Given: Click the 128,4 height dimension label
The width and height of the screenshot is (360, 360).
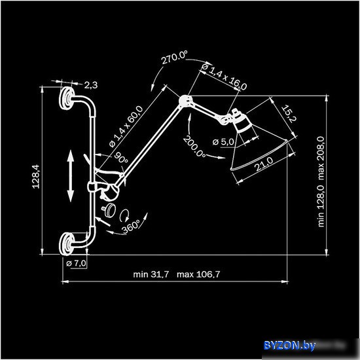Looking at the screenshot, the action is point(36,177).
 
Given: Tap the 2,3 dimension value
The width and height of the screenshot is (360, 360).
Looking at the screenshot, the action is point(91,85).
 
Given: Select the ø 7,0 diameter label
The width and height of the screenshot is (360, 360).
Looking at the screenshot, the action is point(76,263).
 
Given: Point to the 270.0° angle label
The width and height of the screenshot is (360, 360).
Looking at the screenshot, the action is point(174,58).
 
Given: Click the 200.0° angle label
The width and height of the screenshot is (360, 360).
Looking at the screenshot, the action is point(194,147).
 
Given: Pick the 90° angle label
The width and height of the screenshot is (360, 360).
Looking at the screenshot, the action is point(121,158).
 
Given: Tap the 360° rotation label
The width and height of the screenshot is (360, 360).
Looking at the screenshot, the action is point(131,226).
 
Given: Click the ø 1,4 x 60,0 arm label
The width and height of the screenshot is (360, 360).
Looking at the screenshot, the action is point(126,126).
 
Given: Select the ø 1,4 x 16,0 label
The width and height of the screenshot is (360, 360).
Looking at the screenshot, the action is point(224,77).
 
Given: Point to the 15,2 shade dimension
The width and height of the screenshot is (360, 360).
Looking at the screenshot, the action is point(289,114).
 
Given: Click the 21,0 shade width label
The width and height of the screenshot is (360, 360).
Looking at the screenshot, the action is point(264,164).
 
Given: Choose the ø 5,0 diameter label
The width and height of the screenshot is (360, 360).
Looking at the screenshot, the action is point(223,142).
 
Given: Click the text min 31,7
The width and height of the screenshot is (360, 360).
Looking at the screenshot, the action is point(151,274).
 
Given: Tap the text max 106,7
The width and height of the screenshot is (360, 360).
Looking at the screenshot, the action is point(198,274).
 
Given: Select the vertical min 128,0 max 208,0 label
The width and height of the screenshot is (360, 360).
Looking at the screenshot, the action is point(321,181).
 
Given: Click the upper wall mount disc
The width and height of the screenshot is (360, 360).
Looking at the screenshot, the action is point(66,98).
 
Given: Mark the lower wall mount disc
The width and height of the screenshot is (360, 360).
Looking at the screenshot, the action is point(66,244).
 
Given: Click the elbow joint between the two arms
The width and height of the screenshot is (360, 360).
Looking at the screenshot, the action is point(185,101).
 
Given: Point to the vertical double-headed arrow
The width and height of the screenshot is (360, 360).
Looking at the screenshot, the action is point(71,176).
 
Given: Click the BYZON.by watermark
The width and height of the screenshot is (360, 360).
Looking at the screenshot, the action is point(289,346).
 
